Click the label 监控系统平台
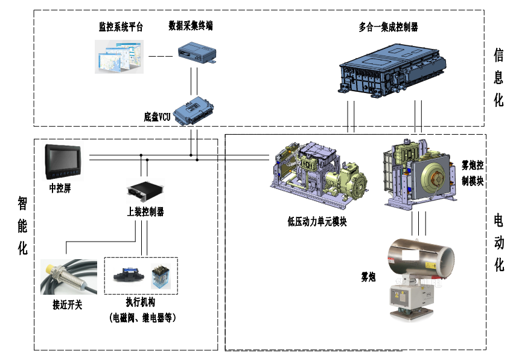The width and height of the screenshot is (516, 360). [x=121, y=27]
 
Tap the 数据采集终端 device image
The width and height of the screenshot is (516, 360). [x=196, y=52]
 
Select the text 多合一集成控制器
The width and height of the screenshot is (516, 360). [x=388, y=27]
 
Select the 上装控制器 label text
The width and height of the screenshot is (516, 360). [x=145, y=211]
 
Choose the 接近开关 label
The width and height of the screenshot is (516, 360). [x=67, y=305]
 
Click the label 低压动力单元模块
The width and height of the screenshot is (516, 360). [x=317, y=221]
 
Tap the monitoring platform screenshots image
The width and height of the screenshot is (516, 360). [x=119, y=56]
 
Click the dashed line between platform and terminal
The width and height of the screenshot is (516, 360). [x=159, y=56]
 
